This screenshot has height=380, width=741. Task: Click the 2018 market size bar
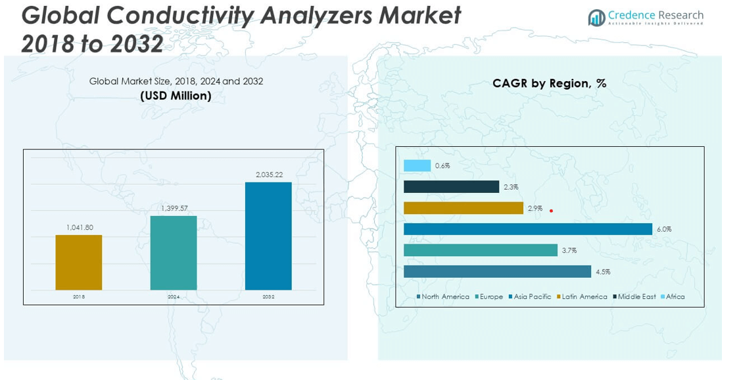click(x=79, y=262)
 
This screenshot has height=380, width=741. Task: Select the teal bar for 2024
click(x=174, y=253)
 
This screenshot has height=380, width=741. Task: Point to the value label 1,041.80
click(x=80, y=228)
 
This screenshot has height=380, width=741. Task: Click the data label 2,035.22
click(x=269, y=175)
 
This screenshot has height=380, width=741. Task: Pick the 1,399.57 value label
click(x=174, y=209)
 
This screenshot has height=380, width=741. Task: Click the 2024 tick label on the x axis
click(x=174, y=297)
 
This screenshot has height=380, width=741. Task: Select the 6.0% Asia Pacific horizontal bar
click(x=527, y=229)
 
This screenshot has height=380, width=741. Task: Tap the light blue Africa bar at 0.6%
click(x=417, y=166)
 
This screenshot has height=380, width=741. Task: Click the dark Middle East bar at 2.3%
click(x=451, y=187)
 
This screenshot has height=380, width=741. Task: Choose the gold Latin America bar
click(x=463, y=208)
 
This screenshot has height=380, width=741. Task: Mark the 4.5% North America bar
click(x=497, y=271)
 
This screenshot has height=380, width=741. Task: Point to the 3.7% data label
click(x=569, y=251)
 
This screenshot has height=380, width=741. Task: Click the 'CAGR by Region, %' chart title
click(x=549, y=84)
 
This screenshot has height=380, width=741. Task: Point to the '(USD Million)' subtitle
click(x=176, y=96)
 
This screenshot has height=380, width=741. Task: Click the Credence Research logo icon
click(x=596, y=18)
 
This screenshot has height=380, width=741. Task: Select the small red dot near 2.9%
click(x=551, y=211)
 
